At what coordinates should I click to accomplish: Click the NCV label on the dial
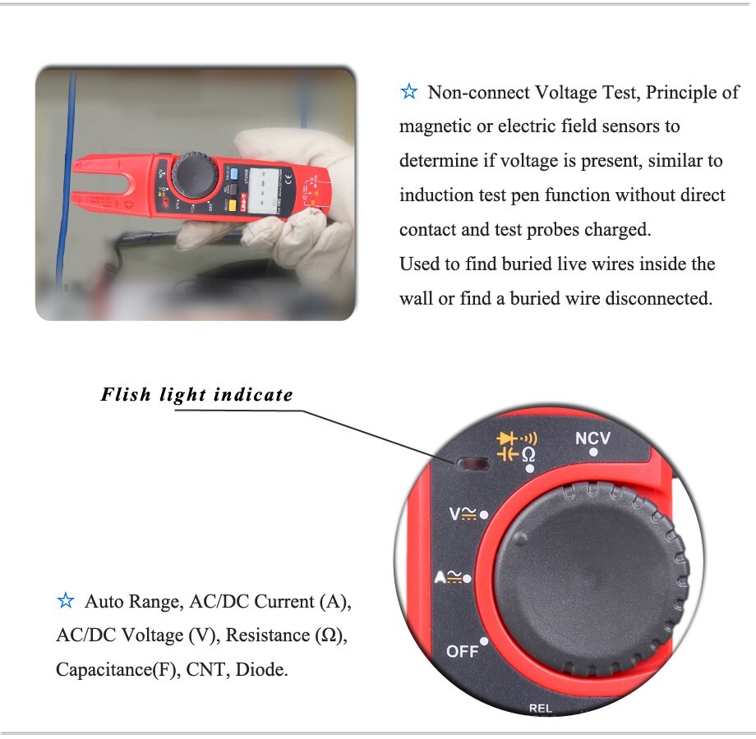[592, 438]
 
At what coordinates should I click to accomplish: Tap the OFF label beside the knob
[462, 651]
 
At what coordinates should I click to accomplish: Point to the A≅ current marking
[451, 578]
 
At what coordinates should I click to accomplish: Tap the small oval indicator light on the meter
[472, 464]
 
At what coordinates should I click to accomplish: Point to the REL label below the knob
[540, 707]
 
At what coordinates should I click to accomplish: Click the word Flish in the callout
[126, 395]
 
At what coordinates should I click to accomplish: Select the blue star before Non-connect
[408, 92]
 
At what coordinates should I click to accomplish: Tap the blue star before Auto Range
[66, 602]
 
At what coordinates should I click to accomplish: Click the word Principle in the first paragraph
[679, 93]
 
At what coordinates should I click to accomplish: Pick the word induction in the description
[436, 195]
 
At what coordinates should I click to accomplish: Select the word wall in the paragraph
[416, 299]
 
